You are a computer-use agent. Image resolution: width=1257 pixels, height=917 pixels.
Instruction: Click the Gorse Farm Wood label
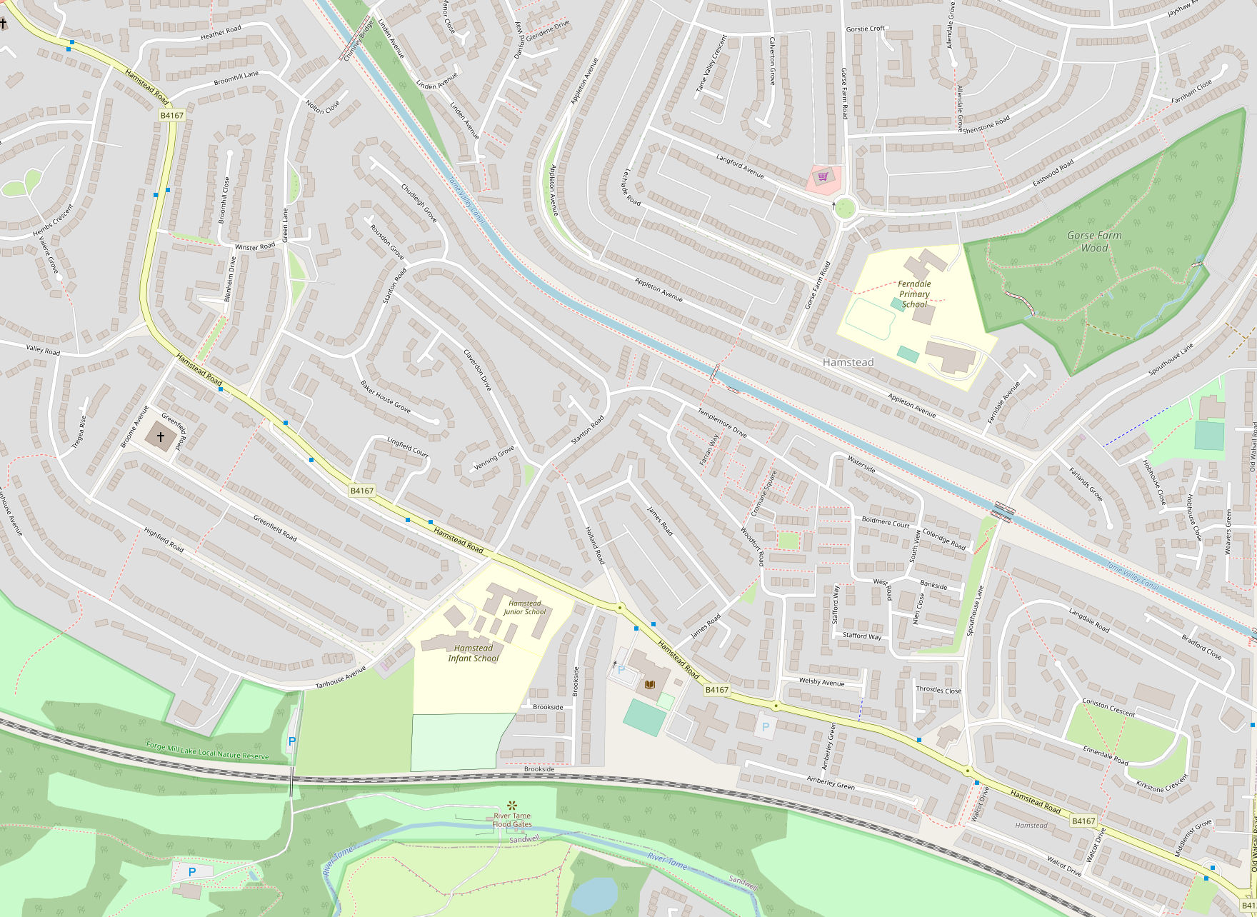point(1094,241)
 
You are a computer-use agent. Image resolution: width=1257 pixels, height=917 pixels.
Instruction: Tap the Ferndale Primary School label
point(914,294)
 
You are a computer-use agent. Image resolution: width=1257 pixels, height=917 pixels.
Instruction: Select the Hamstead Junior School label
point(525,608)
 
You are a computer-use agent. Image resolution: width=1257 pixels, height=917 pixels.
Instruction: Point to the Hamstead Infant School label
point(474,653)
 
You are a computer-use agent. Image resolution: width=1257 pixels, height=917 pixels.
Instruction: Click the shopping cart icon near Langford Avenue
point(823,176)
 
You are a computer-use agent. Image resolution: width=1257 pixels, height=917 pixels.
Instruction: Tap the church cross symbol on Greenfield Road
point(161,436)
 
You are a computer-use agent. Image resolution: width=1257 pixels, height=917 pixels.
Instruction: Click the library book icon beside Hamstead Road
point(650,685)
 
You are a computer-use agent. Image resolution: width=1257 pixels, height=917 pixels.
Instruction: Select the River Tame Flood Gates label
point(512,820)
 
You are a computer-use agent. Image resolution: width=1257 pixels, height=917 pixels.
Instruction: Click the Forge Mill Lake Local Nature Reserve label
point(207,751)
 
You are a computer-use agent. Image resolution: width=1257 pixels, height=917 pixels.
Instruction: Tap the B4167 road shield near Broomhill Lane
point(172,115)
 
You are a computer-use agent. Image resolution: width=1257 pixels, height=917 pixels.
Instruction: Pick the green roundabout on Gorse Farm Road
point(844,209)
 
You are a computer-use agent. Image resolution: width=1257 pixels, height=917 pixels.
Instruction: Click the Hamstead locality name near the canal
point(848,362)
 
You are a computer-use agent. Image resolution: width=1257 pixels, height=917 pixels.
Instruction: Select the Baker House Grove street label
point(385,396)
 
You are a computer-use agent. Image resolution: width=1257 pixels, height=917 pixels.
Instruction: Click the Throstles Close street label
point(938,690)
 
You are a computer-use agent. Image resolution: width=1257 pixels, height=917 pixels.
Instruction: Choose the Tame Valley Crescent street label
point(711,63)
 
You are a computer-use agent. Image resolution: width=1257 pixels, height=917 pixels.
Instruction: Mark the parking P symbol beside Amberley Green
point(766,727)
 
